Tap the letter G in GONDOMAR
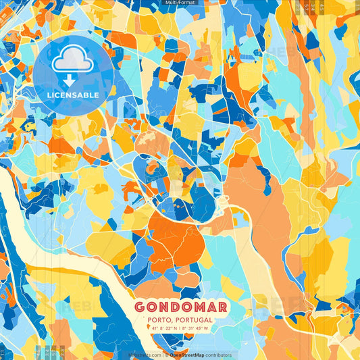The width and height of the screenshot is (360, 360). pos(140,306)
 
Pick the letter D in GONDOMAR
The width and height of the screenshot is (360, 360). pos(174,306)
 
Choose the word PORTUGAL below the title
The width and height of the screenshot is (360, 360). pos(191,319)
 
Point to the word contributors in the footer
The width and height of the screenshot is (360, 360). pos(217,355)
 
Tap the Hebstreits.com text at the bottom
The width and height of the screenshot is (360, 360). pos(145,355)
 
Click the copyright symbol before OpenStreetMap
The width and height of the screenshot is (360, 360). pos(165,355)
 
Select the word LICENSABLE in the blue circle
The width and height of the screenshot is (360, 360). pos(72,95)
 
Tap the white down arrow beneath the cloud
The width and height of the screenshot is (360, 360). pos(70,80)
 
